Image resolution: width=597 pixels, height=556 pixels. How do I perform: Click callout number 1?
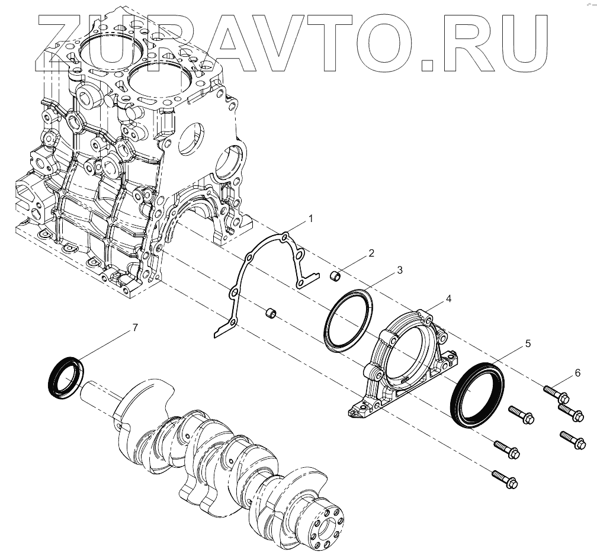[x=311, y=218]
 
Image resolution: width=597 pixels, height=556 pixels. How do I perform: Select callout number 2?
[x=371, y=253]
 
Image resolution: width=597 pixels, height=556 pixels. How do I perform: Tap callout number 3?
[x=399, y=270]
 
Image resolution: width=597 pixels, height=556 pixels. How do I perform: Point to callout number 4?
[x=448, y=288]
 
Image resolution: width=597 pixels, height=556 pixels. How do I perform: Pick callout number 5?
[x=527, y=343]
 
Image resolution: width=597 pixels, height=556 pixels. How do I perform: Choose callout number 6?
[x=577, y=373]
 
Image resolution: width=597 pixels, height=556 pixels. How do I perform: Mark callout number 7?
[x=136, y=327]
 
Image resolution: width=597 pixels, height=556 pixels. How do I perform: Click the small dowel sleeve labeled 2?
[x=335, y=275]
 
